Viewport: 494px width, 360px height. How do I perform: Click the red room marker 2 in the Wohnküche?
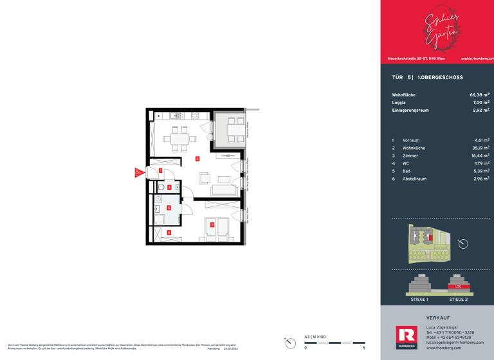197,158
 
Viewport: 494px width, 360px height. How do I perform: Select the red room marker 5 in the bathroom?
169,208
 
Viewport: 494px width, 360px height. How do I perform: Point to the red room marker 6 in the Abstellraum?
169,232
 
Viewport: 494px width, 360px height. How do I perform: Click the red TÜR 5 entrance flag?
137,172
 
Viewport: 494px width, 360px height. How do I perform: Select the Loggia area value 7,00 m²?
480,102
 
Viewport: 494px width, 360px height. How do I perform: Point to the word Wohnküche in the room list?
414,147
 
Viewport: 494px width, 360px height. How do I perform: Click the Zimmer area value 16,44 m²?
480,155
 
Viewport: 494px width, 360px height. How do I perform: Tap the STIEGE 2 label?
458,300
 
